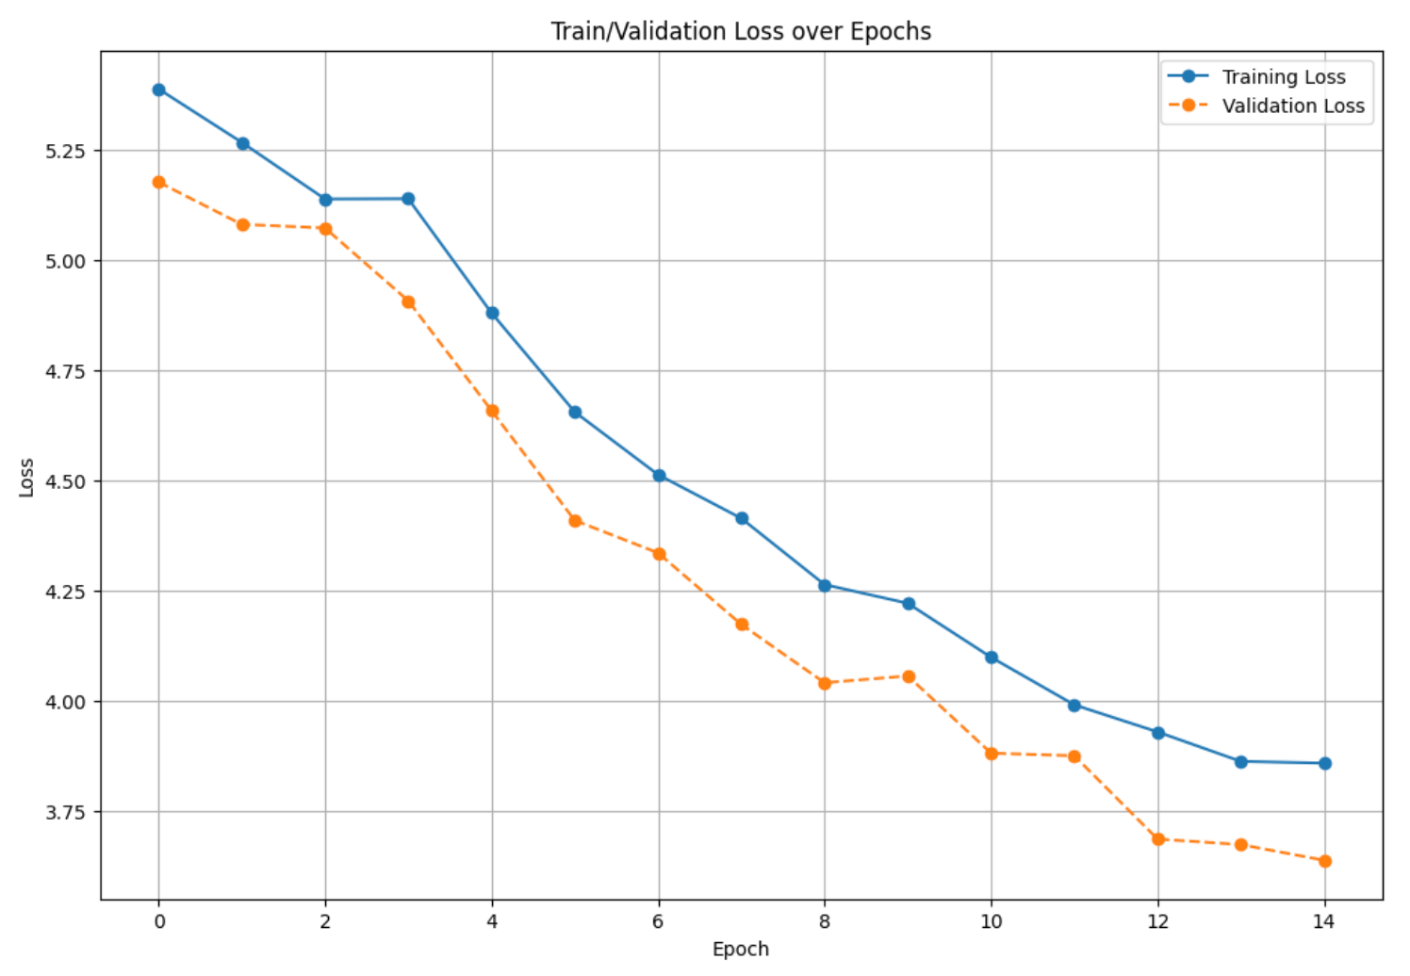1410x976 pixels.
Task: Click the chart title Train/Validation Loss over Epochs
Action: click(741, 31)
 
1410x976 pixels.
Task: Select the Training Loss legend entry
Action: click(1283, 77)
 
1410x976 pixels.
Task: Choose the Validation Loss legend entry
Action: click(1292, 106)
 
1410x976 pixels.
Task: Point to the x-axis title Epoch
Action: click(741, 949)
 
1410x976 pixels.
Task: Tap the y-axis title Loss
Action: click(26, 477)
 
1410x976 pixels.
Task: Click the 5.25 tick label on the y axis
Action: click(66, 151)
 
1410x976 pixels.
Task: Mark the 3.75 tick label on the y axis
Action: click(66, 812)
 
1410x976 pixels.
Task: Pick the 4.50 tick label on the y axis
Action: click(66, 481)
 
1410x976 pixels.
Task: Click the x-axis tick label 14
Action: click(1324, 921)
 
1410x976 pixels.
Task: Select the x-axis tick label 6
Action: click(659, 921)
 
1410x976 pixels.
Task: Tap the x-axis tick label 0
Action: click(159, 921)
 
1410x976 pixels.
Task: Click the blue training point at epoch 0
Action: click(159, 89)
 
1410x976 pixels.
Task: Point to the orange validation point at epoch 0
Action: click(159, 182)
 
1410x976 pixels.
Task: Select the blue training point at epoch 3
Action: click(408, 199)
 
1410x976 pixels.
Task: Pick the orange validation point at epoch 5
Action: click(575, 520)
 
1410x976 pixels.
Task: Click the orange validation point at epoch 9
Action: click(909, 676)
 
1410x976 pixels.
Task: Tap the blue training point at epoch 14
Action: click(1325, 763)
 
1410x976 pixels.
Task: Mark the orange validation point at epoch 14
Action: click(1325, 861)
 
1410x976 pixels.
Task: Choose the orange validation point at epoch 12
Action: click(1158, 838)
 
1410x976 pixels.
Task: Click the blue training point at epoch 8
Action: click(825, 585)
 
